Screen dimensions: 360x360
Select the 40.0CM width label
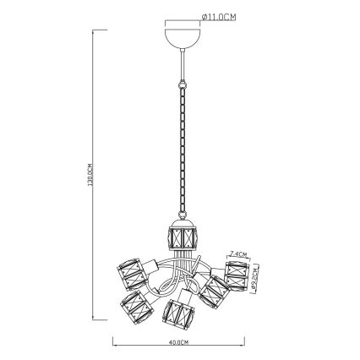click(177, 341)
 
